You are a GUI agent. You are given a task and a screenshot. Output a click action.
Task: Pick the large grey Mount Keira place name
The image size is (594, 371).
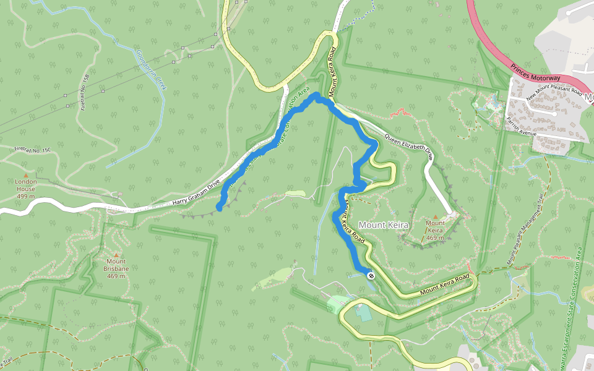384,225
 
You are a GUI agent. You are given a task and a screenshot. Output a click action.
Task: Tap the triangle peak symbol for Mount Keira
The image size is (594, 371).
436,216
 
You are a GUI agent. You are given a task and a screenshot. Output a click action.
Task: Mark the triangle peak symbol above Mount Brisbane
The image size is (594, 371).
116,255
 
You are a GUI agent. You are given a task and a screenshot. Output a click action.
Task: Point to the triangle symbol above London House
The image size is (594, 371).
26,175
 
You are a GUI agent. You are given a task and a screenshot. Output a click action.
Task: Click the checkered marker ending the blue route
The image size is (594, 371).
371,276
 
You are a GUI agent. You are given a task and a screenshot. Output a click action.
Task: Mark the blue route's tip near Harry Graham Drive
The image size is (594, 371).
220,209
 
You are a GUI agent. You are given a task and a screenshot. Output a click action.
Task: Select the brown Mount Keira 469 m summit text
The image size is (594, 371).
436,230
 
